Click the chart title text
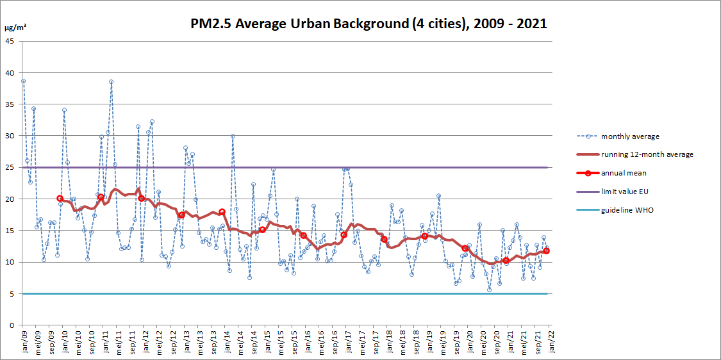pyautogui.click(x=369, y=24)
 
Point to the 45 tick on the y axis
pyautogui.click(x=10, y=41)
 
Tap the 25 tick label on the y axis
pyautogui.click(x=10, y=167)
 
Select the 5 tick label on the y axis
pyautogui.click(x=12, y=293)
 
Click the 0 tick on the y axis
pyautogui.click(x=12, y=325)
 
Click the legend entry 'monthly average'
pyautogui.click(x=630, y=136)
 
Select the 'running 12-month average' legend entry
pyautogui.click(x=647, y=154)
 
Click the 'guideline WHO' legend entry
pyautogui.click(x=626, y=210)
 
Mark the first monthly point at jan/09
pyautogui.click(x=23, y=81)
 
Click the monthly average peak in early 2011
pyautogui.click(x=111, y=82)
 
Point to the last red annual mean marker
pyautogui.click(x=546, y=251)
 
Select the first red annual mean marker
pyautogui.click(x=60, y=199)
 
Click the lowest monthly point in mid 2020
pyautogui.click(x=489, y=290)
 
